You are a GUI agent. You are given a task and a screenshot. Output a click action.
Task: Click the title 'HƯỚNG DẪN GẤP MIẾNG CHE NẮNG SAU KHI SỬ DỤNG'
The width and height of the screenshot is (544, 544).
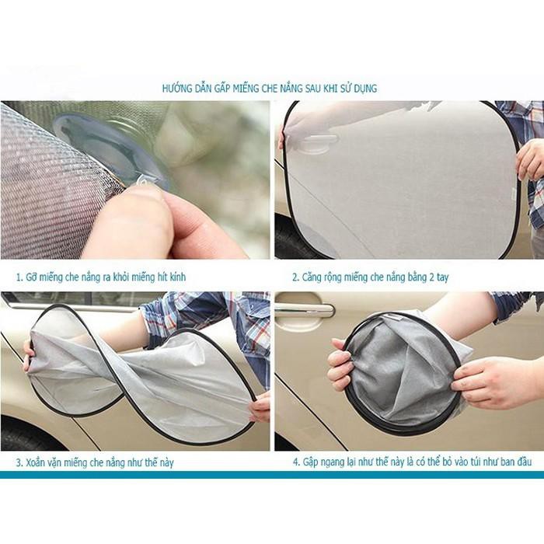(x=270, y=88)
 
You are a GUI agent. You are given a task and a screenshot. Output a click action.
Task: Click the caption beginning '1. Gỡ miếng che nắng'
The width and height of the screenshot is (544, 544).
(x=101, y=277)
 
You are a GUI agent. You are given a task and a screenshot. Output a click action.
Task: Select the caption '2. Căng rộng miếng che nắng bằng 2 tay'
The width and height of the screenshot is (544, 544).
(x=370, y=277)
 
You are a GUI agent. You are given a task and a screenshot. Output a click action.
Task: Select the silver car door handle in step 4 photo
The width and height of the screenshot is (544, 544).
(x=304, y=309)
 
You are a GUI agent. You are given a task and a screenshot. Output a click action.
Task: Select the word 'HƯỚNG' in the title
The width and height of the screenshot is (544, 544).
(x=176, y=88)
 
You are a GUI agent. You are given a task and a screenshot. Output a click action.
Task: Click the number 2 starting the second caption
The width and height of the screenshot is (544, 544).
(x=295, y=277)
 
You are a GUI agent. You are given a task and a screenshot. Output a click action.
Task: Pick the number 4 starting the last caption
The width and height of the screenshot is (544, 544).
(x=295, y=462)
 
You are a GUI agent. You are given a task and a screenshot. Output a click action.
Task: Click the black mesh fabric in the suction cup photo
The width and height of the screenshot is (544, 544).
(x=47, y=187)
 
